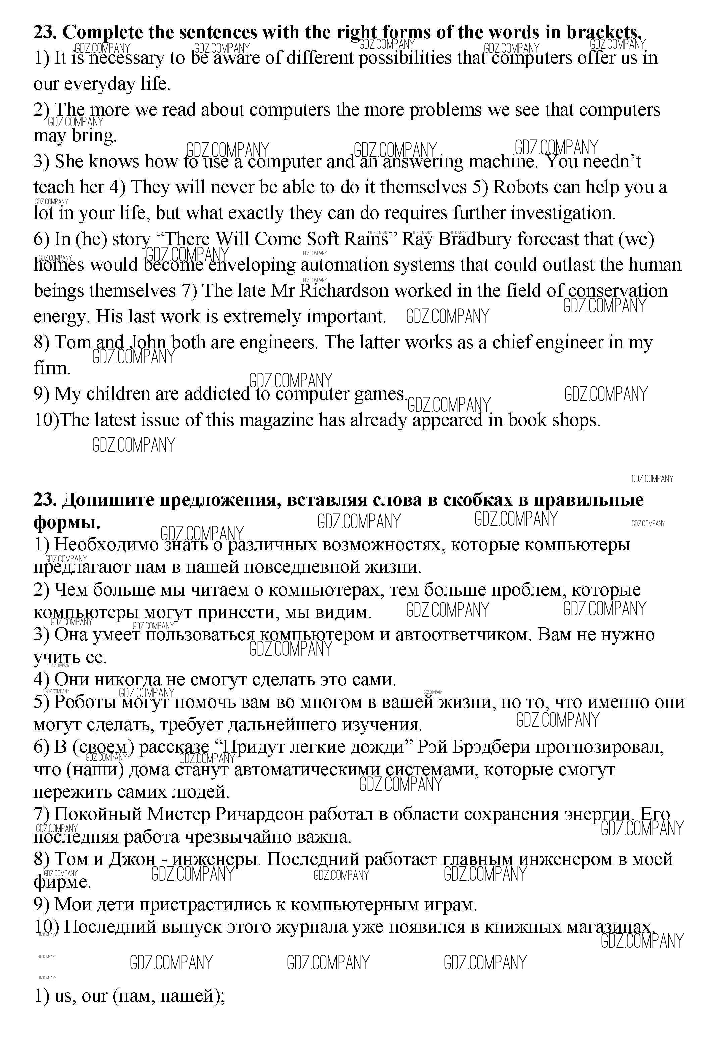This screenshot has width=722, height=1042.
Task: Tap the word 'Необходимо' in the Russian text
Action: pos(106,545)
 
